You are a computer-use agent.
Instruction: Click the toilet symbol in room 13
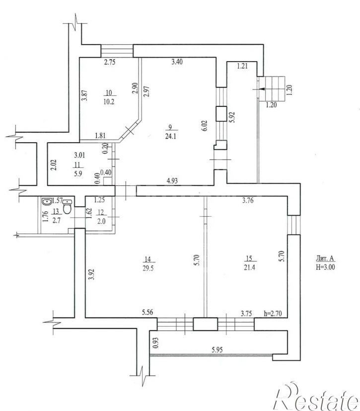pos(68,207)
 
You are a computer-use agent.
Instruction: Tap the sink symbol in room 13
pos(47,202)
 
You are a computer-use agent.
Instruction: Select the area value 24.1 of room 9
pos(170,136)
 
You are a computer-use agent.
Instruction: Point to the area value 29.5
pos(148,268)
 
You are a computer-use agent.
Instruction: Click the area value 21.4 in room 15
pos(249,267)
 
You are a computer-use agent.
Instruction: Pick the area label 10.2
pos(109,102)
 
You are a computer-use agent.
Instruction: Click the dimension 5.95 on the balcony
pos(217,349)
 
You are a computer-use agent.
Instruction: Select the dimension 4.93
pos(172,180)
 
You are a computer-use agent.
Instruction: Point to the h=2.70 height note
pos(273,313)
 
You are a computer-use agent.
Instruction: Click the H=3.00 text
pos(325,267)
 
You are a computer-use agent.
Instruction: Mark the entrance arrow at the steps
pos(257,89)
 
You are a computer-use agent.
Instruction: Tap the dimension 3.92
pos(91,274)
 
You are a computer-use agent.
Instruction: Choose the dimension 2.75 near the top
pos(110,62)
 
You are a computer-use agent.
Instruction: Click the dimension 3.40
pos(177,62)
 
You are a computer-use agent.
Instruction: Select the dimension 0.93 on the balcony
pos(156,342)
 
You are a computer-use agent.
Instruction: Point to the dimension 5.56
pos(147,312)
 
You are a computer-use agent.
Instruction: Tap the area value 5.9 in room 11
pos(78,173)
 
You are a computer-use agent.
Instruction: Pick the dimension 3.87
pos(84,95)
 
